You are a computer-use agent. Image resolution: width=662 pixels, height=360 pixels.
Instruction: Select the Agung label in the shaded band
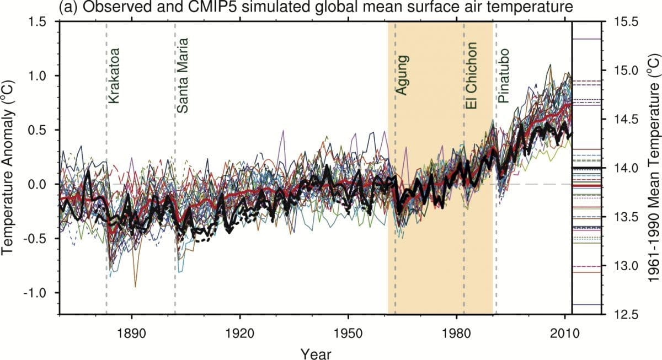pos(403,74)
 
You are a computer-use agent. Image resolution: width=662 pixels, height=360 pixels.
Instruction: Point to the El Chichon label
pos(471,68)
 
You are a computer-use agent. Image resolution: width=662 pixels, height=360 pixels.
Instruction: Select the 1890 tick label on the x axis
pos(131,327)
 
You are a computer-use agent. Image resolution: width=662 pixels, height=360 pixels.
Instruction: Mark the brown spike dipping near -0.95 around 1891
pos(135,286)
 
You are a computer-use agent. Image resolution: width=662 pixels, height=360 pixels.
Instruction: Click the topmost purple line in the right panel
pos(586,39)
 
